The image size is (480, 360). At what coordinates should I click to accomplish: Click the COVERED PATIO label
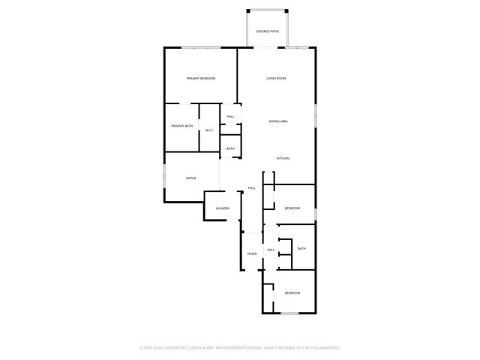(267, 31)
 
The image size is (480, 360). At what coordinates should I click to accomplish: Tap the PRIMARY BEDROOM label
(201, 79)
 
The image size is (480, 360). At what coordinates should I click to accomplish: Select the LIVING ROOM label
(276, 79)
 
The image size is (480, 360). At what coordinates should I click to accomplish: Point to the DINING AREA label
(279, 121)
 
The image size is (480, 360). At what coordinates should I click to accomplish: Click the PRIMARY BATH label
(181, 126)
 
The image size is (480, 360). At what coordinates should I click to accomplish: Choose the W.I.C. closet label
(209, 130)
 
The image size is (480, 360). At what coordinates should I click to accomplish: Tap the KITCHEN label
(283, 158)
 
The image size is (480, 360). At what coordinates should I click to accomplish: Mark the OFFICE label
(191, 178)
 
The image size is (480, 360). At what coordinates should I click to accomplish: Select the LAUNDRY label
(222, 208)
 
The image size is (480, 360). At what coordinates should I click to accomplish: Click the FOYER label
(252, 254)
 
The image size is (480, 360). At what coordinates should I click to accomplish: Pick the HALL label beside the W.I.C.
(230, 117)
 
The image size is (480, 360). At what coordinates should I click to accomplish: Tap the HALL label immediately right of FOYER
(271, 250)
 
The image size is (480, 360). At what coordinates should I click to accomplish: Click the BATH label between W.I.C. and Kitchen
(230, 148)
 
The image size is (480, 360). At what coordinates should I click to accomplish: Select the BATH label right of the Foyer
(301, 249)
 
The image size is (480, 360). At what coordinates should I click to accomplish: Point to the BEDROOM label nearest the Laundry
(292, 208)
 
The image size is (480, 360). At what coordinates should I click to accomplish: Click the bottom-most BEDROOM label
(292, 292)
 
